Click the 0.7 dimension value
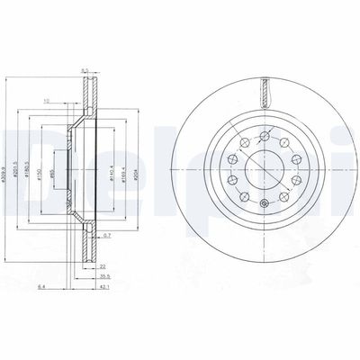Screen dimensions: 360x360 point(107,235)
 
